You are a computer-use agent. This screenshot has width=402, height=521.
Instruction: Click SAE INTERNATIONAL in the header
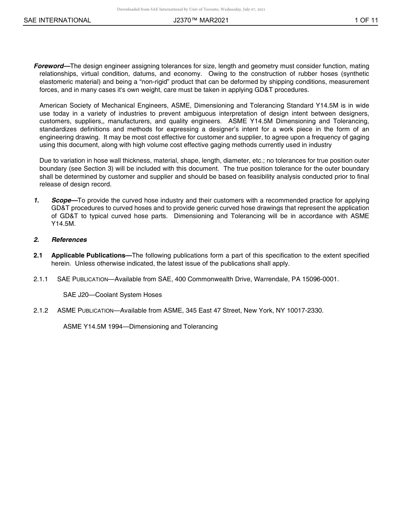pyautogui.click(x=57, y=20)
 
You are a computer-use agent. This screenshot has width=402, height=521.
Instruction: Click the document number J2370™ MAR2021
pyautogui.click(x=201, y=20)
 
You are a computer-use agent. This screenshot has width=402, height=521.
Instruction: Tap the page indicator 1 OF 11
pyautogui.click(x=366, y=20)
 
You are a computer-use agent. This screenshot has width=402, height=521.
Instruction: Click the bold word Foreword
pyautogui.click(x=48, y=66)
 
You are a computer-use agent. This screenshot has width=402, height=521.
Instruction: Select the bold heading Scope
pyautogui.click(x=61, y=200)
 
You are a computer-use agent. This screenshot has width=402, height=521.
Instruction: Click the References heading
pyautogui.click(x=69, y=240)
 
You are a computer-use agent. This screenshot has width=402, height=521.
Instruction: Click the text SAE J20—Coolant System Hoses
pyautogui.click(x=112, y=295)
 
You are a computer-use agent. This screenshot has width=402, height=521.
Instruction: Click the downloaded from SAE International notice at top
pyautogui.click(x=191, y=9)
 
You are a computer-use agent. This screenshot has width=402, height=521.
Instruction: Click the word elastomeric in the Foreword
pyautogui.click(x=56, y=82)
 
